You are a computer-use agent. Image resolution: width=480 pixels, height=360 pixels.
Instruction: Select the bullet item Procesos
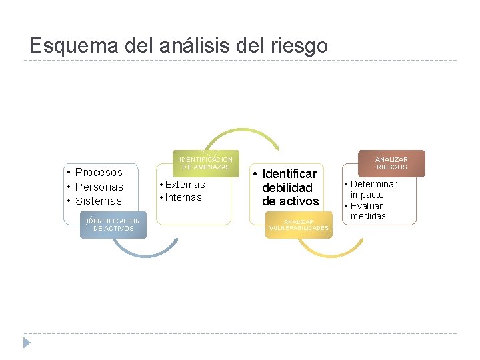99,172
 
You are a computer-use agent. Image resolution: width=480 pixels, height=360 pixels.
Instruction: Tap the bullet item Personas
99,187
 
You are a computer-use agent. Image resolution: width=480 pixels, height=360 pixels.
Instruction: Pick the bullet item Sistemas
99,201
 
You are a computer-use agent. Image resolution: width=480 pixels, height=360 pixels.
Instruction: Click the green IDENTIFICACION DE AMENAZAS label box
206,163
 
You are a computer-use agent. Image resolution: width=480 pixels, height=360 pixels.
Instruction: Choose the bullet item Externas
185,184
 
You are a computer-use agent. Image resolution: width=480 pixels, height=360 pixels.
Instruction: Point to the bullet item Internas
183,197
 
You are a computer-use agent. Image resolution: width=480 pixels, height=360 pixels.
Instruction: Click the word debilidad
287,187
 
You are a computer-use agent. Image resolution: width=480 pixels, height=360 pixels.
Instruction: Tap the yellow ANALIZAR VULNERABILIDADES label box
299,225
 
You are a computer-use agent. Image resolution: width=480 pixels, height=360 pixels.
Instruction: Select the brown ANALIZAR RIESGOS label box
391,163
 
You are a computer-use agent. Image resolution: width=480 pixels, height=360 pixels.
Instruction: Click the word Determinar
374,184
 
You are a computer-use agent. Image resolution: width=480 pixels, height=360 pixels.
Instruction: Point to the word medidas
368,216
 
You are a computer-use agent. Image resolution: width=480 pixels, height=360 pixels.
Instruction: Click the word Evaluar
367,205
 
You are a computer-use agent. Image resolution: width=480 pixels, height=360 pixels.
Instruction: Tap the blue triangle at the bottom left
27,343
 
